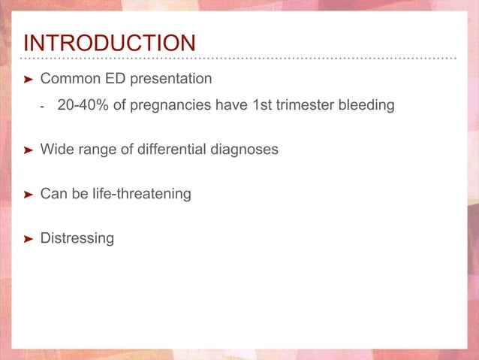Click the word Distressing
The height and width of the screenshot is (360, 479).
[77, 239]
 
